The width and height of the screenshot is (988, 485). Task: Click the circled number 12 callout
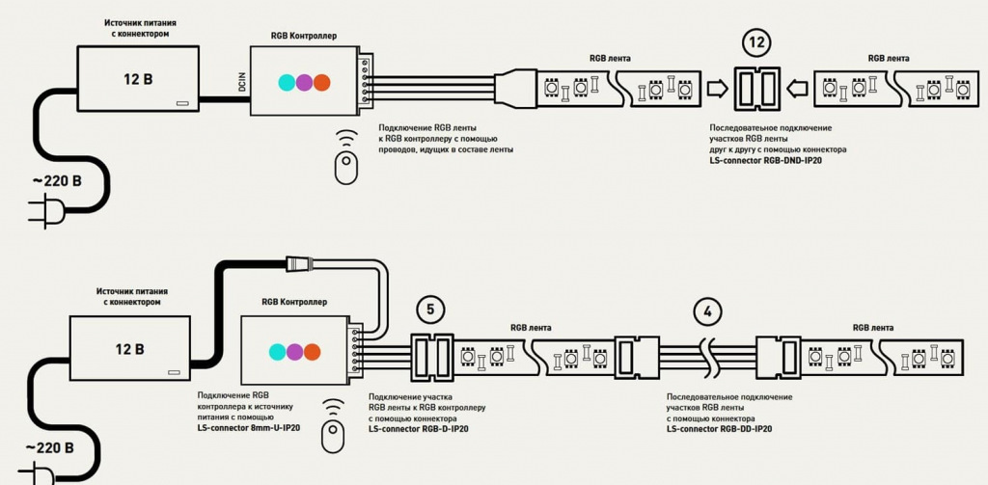point(756,42)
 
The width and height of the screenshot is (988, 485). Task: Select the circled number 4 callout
point(708,312)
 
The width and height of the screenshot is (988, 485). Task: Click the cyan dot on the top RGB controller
point(287,82)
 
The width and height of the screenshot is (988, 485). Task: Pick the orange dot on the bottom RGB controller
point(312,351)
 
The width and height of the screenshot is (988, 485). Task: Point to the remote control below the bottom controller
point(333,436)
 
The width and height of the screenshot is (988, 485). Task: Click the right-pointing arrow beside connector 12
point(716,90)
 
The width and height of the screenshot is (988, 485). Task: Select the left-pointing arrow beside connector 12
point(796,90)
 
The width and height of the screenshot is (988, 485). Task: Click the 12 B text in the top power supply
point(138,78)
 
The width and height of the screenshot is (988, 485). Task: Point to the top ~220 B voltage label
point(57,180)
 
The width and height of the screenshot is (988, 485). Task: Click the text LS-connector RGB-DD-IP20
point(718,427)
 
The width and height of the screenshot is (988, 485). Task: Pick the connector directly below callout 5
point(432,354)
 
